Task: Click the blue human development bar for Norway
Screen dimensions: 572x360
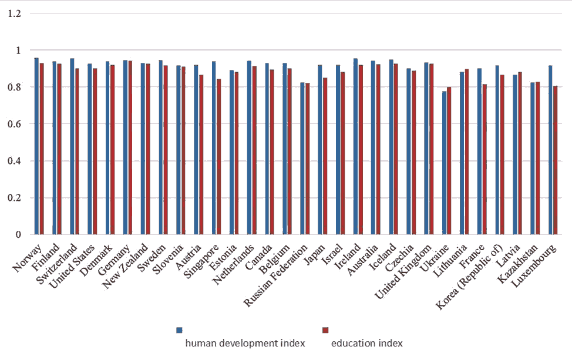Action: tap(36, 146)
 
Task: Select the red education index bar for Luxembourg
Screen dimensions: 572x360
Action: tap(555, 160)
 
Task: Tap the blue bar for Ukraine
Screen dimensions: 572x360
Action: tap(444, 163)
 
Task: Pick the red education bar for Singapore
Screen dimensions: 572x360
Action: tap(219, 156)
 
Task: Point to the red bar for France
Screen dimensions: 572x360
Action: tap(484, 159)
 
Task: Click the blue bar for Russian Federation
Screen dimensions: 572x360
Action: tap(302, 159)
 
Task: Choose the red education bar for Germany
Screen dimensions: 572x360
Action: tap(130, 148)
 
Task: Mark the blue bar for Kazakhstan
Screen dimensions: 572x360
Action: tap(533, 159)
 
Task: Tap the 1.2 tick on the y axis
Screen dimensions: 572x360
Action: tap(14, 14)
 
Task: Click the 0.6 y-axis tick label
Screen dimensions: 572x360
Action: tap(14, 124)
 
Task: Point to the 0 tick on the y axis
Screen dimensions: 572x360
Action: tap(18, 234)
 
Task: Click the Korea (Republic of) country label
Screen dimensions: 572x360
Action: tap(469, 277)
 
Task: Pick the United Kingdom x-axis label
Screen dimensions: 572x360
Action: tap(403, 271)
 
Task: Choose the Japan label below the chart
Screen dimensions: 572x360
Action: tap(314, 254)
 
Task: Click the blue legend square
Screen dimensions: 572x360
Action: tap(179, 330)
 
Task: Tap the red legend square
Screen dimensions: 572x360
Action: tap(325, 330)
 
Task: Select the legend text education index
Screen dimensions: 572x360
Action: tap(367, 343)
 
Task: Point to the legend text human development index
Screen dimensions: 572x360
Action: tap(245, 343)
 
